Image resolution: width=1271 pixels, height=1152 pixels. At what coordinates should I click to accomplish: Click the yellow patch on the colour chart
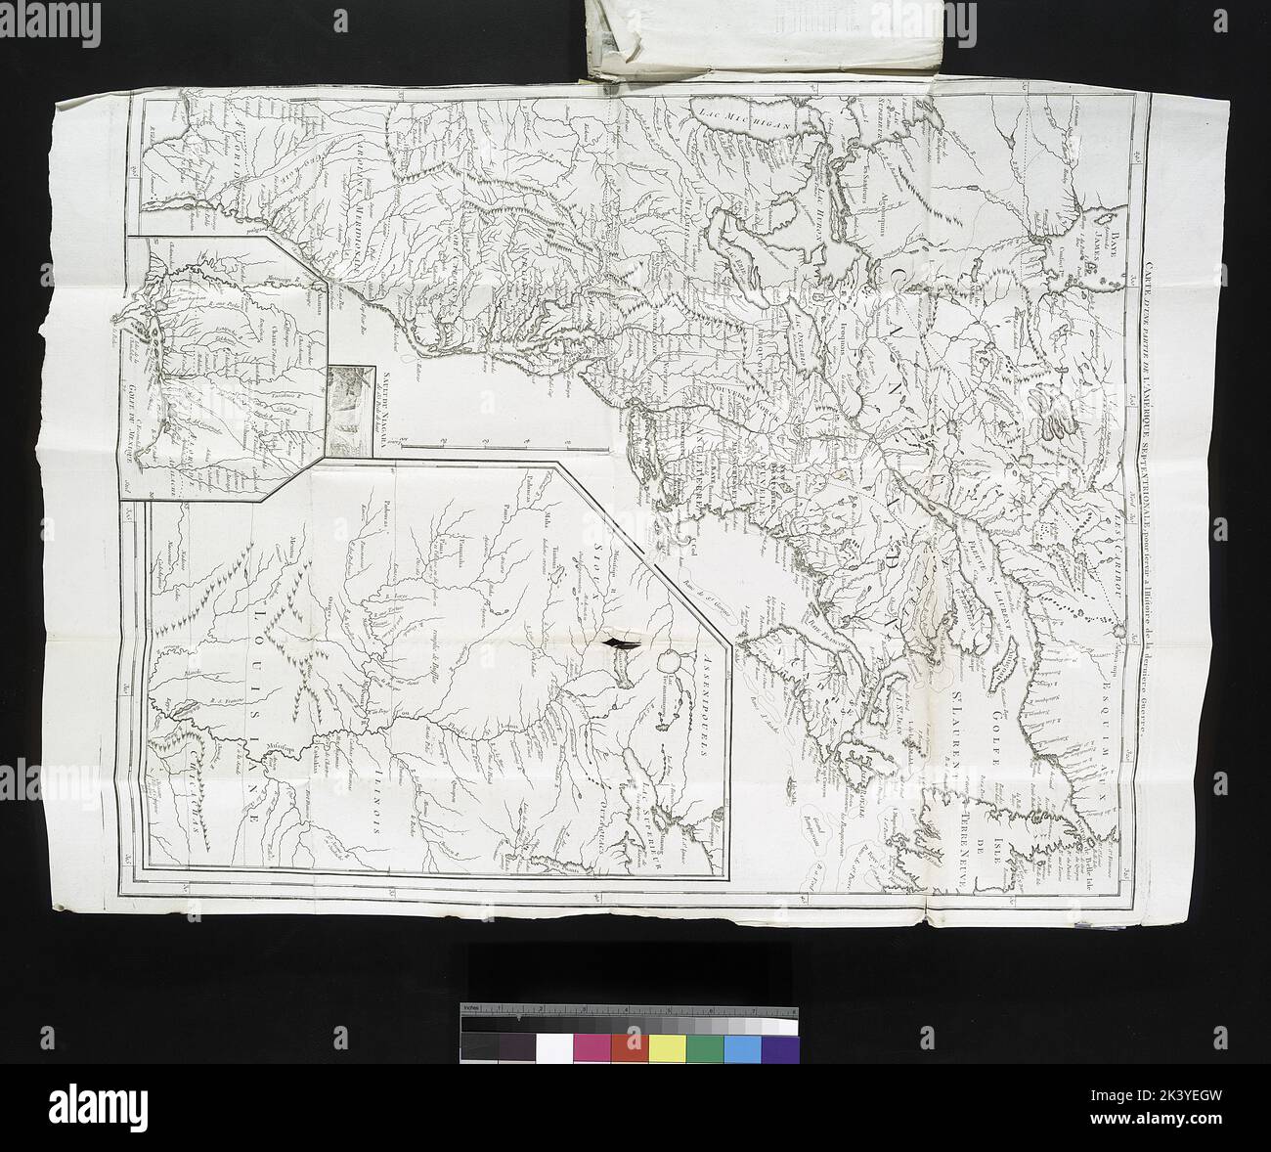click(x=667, y=1048)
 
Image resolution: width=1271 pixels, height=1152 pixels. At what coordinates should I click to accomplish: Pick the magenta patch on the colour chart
click(x=592, y=1048)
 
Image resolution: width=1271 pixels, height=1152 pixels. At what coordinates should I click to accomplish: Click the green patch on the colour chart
click(x=705, y=1048)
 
